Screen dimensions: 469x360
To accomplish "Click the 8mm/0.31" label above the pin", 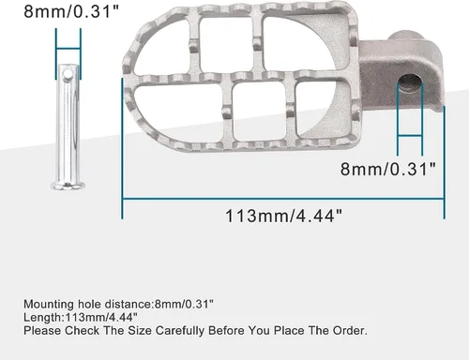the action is pyautogui.click(x=71, y=11).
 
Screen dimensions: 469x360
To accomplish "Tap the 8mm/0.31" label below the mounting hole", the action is pyautogui.click(x=388, y=169).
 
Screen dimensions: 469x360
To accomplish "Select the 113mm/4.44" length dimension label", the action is pyautogui.click(x=283, y=216).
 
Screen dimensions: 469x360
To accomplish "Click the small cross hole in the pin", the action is pyautogui.click(x=68, y=74).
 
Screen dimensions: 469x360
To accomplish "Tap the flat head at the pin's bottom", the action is pyautogui.click(x=68, y=186).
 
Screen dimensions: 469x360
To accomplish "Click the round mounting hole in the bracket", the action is pyautogui.click(x=410, y=83).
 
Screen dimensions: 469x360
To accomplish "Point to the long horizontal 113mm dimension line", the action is pyautogui.click(x=283, y=199).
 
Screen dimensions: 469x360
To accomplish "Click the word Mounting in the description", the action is pyautogui.click(x=49, y=305).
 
